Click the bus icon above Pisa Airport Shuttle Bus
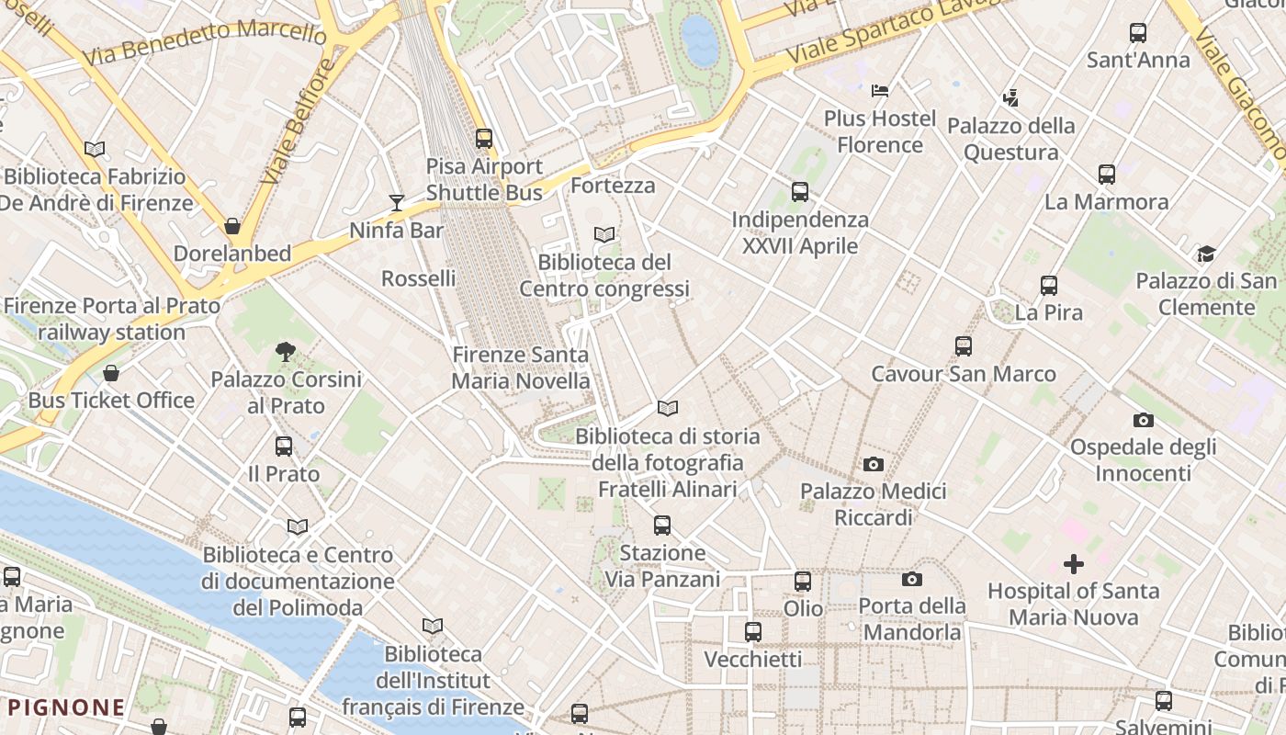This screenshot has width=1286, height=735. (x=484, y=139)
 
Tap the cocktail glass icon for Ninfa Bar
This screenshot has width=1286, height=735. (x=397, y=202)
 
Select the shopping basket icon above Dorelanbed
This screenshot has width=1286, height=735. (x=232, y=225)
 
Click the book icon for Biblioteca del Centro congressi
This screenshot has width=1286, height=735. (x=604, y=234)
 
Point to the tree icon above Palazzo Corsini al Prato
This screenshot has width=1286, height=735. (x=286, y=350)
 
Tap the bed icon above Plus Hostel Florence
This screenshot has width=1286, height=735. (x=880, y=90)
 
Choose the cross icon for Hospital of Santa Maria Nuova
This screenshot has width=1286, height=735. (x=1073, y=563)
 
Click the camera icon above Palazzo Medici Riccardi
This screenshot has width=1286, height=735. (x=874, y=464)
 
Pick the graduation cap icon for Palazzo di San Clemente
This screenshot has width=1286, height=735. (x=1206, y=254)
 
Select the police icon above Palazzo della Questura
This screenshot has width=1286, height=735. (x=1010, y=96)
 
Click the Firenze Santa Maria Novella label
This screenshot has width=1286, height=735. (x=521, y=367)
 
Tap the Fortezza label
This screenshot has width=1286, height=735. (x=613, y=186)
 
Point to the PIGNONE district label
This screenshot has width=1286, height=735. (x=67, y=707)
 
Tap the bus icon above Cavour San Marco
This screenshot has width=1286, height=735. (x=963, y=345)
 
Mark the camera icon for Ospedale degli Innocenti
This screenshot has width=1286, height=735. (x=1143, y=420)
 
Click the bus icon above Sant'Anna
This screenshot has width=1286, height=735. (x=1138, y=33)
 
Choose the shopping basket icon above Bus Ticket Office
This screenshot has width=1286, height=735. (x=111, y=372)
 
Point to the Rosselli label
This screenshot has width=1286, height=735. (x=418, y=278)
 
